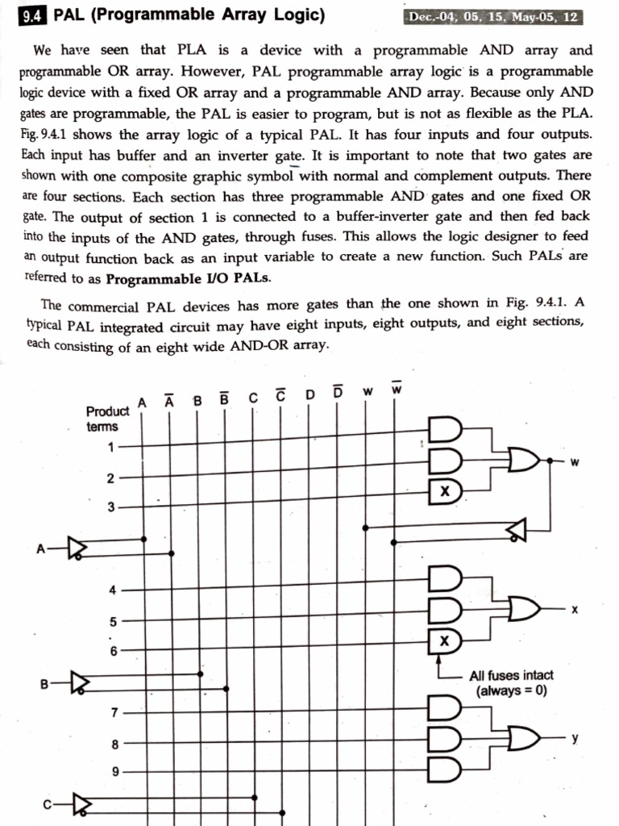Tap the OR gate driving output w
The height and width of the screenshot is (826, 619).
coord(524,461)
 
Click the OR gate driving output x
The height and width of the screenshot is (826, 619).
coord(524,608)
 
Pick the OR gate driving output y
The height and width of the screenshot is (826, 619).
coord(524,738)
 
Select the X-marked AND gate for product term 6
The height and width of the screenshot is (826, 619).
coord(445,641)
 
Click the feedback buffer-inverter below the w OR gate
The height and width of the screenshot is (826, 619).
coord(517,529)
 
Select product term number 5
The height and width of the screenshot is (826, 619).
coord(114,622)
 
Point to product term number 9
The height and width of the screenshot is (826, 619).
coord(114,772)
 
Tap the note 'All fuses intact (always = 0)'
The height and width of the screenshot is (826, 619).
coord(511,683)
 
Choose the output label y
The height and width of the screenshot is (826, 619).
coord(574,738)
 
